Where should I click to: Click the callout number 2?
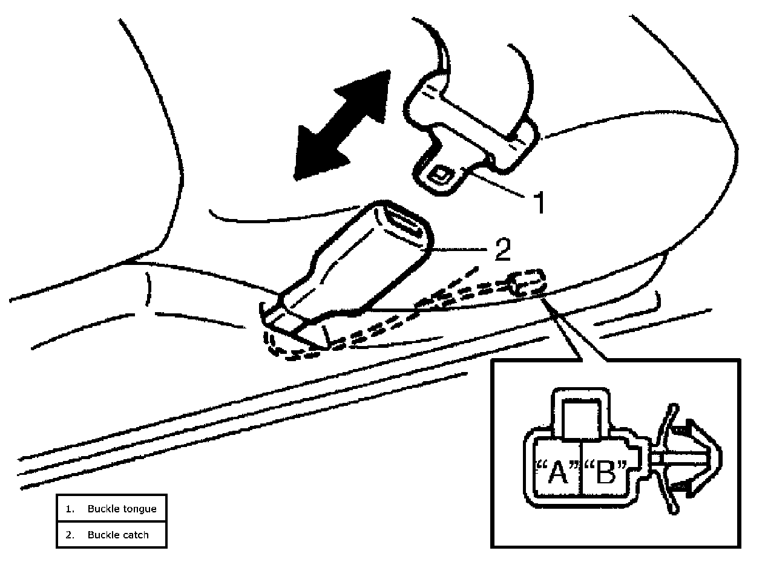[502, 250]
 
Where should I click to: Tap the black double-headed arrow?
[342, 125]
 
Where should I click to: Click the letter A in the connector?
[557, 473]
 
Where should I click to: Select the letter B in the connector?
[605, 473]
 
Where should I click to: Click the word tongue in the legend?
[137, 509]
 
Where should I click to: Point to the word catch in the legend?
[134, 535]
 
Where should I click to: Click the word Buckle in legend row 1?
[103, 509]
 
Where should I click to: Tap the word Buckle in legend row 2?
[103, 535]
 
